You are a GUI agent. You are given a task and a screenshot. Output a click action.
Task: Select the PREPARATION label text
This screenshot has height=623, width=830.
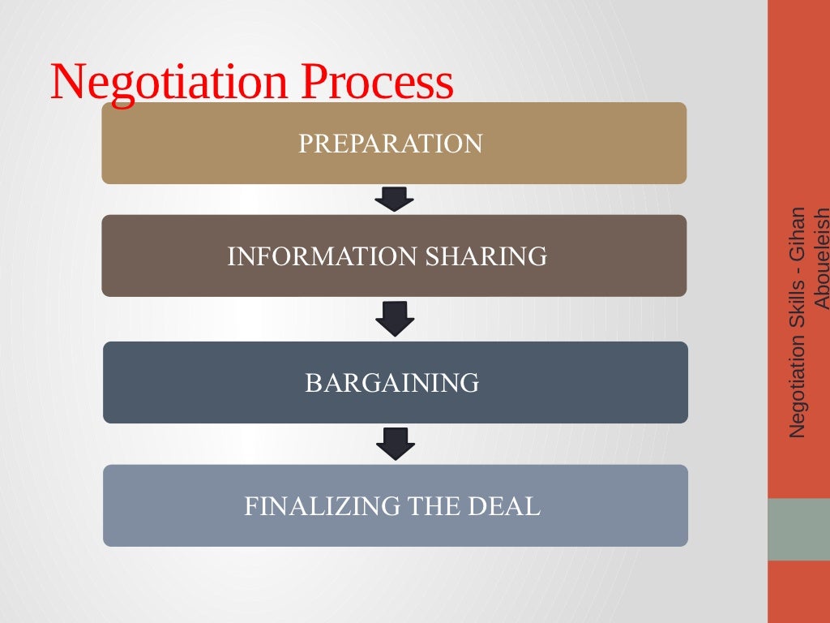(391, 144)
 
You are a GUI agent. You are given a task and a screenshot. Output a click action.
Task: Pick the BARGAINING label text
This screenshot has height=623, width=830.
(392, 382)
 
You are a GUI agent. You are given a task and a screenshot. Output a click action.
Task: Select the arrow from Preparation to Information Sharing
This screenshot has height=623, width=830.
(395, 199)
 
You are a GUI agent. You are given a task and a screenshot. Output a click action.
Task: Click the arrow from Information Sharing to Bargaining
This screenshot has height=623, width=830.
(395, 318)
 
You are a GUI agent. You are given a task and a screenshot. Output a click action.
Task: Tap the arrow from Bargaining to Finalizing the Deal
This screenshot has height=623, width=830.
(396, 443)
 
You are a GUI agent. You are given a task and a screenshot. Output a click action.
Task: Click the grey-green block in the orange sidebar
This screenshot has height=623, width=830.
(798, 529)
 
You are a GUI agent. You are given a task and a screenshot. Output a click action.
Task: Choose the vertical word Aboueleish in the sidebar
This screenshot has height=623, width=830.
(821, 259)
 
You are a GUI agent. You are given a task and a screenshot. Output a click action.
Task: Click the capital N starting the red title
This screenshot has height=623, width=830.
(66, 82)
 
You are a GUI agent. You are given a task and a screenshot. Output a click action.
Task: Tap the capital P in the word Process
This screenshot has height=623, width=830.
(310, 82)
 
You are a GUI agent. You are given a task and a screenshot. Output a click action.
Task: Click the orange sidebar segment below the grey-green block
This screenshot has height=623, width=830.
(798, 591)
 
